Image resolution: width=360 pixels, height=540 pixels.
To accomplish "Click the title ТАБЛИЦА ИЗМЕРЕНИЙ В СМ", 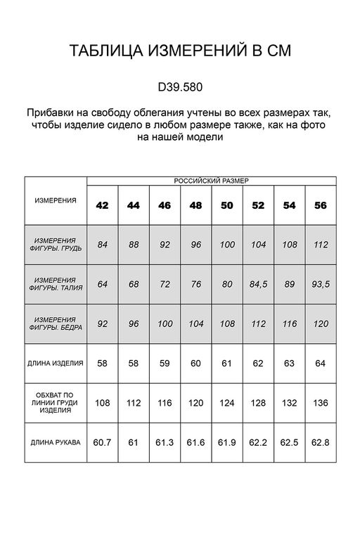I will [x=179, y=51].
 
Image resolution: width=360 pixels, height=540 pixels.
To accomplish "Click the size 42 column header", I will [x=103, y=205].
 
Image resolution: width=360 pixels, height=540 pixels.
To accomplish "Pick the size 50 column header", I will [x=227, y=205].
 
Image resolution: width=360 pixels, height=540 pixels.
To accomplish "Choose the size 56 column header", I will [x=321, y=205].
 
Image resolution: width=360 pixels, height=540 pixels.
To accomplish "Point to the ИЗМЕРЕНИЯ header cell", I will [x=56, y=200].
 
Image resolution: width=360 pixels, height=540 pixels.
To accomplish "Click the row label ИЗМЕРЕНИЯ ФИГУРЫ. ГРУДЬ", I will [x=56, y=245].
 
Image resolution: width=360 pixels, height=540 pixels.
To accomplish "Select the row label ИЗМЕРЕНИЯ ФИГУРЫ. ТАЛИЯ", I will [x=56, y=284].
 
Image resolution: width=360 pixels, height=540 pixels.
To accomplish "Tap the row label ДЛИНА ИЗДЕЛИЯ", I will [x=56, y=364].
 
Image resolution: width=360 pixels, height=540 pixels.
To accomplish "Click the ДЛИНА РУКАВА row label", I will [x=56, y=442].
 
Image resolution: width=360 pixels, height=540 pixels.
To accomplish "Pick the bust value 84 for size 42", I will [x=103, y=245].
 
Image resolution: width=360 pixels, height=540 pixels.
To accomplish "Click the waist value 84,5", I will [x=258, y=285].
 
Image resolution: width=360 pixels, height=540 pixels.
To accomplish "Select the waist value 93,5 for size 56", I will [x=321, y=285].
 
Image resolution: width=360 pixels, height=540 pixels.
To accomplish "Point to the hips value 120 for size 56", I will [x=321, y=324].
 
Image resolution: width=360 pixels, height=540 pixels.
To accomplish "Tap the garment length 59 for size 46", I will [x=165, y=364].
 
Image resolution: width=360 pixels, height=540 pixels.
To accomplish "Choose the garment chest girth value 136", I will [x=321, y=403].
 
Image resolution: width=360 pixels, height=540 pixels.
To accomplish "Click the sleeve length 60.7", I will [x=103, y=442].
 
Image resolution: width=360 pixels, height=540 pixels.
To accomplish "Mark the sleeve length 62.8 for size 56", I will [x=321, y=442].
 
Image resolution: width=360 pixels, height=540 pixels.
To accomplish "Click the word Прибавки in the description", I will [x=51, y=113].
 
